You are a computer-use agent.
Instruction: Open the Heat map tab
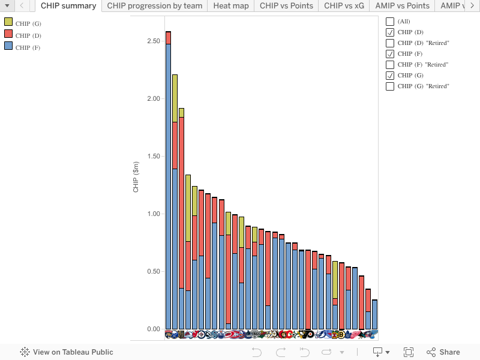click(x=231, y=5)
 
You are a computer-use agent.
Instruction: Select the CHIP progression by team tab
click(x=155, y=5)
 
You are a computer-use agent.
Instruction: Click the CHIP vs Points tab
click(x=286, y=5)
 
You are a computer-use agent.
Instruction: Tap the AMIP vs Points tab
click(x=402, y=5)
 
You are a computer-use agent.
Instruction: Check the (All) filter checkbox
click(x=390, y=22)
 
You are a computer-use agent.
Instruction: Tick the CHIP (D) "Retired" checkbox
click(x=390, y=43)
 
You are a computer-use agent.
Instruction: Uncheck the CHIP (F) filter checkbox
click(x=390, y=54)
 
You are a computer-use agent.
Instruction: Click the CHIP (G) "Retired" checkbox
click(x=390, y=86)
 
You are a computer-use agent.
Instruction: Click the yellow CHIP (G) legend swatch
click(x=8, y=22)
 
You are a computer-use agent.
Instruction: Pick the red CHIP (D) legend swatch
click(x=8, y=34)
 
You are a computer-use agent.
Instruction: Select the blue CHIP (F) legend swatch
click(x=8, y=46)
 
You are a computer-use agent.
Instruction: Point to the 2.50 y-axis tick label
click(x=153, y=41)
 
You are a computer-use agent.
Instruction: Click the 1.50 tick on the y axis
click(x=153, y=157)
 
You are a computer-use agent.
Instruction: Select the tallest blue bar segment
click(x=168, y=186)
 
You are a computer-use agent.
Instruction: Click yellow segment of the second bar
click(x=175, y=98)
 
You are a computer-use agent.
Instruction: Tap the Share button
click(x=443, y=352)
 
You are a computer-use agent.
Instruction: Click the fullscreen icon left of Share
click(x=409, y=352)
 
